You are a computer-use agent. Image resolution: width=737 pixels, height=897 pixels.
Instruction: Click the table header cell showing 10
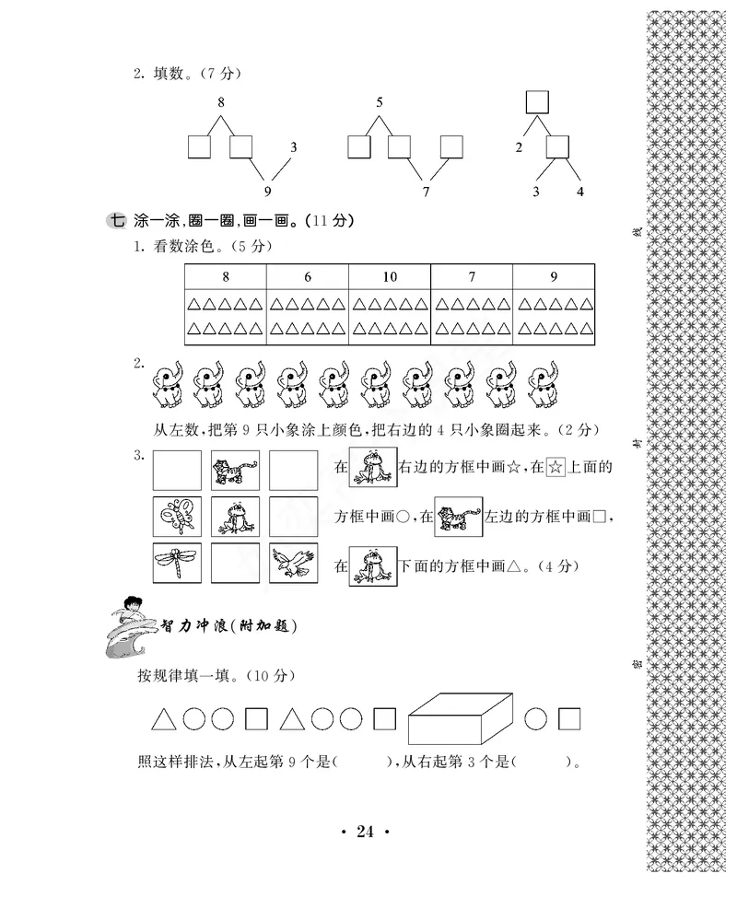point(389,277)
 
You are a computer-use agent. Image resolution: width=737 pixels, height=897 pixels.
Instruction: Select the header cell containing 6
point(307,277)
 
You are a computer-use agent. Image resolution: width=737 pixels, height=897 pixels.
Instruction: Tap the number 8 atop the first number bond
point(221,102)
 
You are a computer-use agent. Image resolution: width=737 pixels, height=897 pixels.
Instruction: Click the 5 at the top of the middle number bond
point(380,102)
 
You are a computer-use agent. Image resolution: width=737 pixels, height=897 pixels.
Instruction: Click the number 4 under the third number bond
point(579,192)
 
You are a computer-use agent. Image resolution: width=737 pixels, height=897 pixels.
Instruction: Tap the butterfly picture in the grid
point(177,517)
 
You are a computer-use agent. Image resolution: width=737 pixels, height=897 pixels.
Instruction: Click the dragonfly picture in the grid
point(177,564)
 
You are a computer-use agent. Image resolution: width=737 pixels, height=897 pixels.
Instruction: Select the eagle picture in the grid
point(294,564)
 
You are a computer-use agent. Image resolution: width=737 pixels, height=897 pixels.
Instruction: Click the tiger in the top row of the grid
point(235,470)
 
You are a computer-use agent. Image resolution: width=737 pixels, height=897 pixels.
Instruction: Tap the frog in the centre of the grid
point(235,517)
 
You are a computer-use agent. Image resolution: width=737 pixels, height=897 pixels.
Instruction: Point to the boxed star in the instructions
point(555,468)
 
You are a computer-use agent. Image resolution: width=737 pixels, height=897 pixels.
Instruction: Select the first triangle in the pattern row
point(163,718)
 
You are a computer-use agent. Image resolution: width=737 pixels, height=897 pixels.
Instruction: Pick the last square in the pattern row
point(570,718)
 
